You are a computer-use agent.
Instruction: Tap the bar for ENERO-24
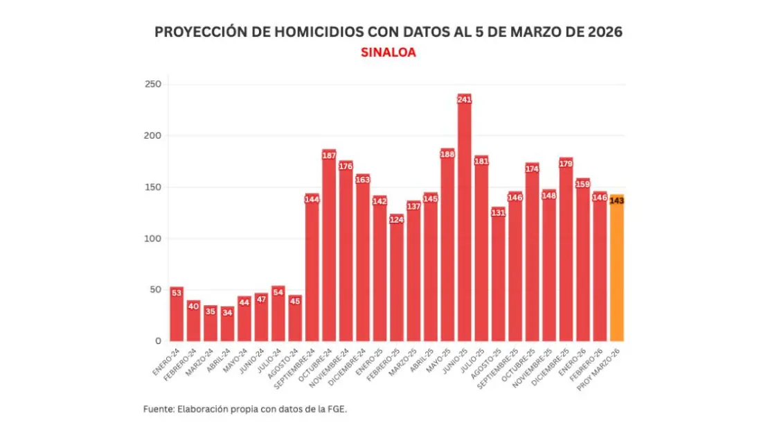[177, 316]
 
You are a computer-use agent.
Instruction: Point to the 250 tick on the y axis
[153, 85]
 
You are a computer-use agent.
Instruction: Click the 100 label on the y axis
[153, 239]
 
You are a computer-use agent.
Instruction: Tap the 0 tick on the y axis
[158, 341]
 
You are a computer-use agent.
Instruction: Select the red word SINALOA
[388, 52]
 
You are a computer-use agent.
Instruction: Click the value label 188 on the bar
[447, 154]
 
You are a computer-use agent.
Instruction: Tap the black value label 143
[616, 200]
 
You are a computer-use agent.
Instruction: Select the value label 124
[397, 220]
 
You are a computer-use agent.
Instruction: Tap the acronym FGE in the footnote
[336, 409]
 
